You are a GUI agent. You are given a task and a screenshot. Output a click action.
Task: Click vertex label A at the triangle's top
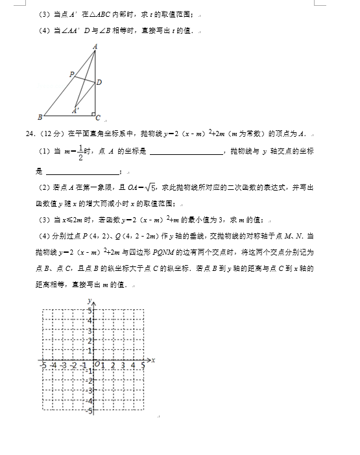[95, 46]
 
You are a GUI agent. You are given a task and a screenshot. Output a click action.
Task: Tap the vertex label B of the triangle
[40, 117]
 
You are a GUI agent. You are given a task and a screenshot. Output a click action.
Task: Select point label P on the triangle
[72, 75]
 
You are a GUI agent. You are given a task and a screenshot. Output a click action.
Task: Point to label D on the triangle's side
[99, 82]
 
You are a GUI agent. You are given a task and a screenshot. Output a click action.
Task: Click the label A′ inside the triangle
[77, 110]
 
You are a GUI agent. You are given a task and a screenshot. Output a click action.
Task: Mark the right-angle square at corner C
[92, 115]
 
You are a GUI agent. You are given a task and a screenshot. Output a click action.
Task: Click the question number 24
[29, 134]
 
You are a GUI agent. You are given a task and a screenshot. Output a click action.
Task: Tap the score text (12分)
[51, 134]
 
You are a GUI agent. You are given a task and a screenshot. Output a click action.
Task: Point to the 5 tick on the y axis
[90, 312]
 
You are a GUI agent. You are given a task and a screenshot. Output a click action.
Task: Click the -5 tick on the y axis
[89, 410]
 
